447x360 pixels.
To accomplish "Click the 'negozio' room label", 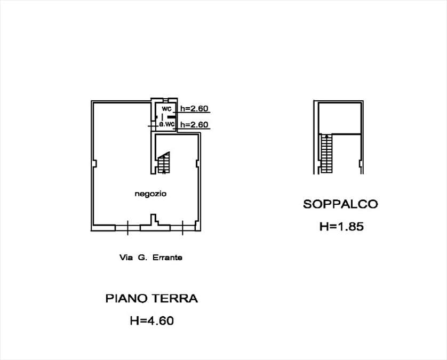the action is (x=150, y=194).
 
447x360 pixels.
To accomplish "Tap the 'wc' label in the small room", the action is (x=166, y=109).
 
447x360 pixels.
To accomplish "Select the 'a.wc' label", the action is (x=166, y=124).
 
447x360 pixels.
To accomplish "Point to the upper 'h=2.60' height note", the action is (x=194, y=109).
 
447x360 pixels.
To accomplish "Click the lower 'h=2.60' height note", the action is (x=194, y=125).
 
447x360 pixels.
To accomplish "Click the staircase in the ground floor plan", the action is (x=164, y=163).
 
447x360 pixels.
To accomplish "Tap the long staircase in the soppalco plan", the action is (x=326, y=154).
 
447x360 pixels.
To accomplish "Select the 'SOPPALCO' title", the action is (x=340, y=204).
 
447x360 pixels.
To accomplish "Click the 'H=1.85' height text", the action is (x=341, y=227).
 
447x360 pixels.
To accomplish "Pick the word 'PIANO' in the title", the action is (x=127, y=299).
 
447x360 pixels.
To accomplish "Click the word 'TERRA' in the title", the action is (x=175, y=299).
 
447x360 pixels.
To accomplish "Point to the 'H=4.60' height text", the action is (x=152, y=321).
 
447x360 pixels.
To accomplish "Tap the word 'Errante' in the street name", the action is (x=167, y=258).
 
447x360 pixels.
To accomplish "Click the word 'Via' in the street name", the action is (x=126, y=258).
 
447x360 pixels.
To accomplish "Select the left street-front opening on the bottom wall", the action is (x=127, y=228).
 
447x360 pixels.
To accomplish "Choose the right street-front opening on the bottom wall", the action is (x=183, y=228).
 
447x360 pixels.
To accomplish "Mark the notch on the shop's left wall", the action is (x=94, y=164).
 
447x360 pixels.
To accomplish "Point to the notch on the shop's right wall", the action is (x=197, y=164).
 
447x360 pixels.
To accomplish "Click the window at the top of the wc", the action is (x=166, y=100).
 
